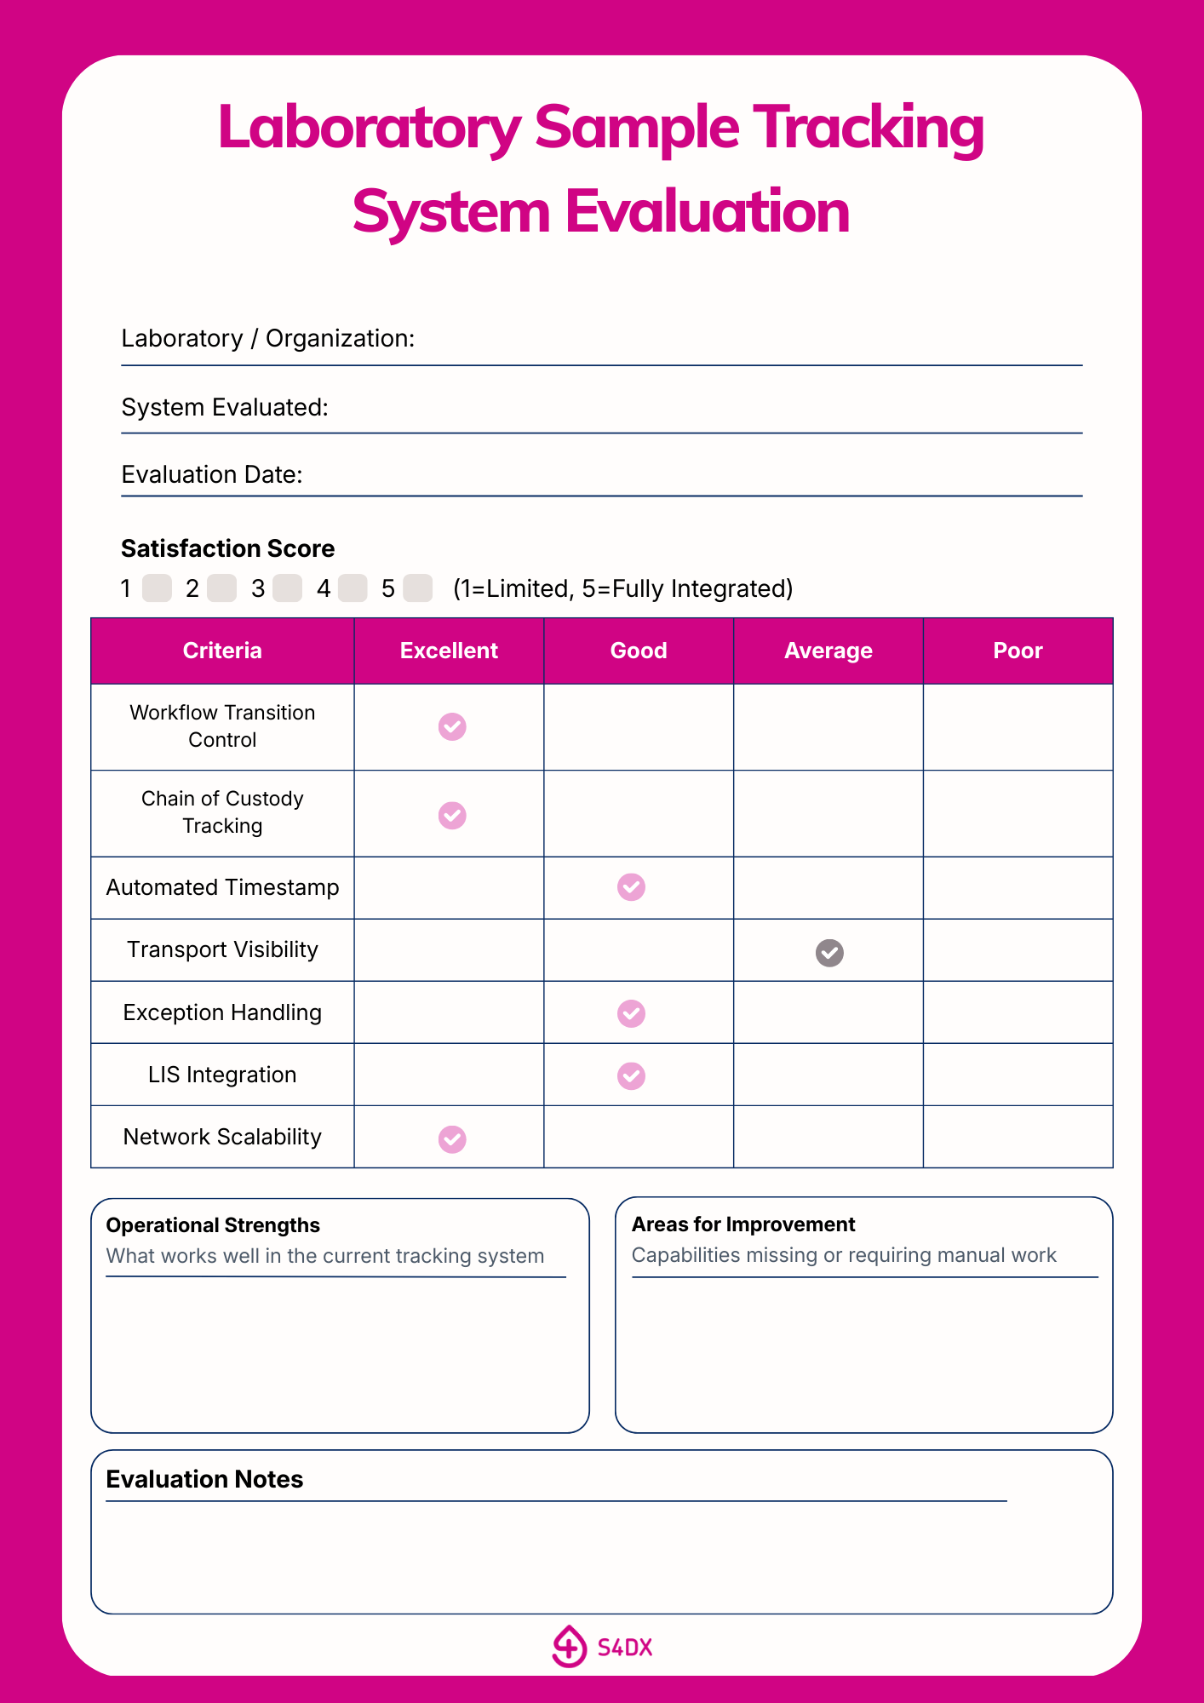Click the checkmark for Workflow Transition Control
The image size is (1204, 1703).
[452, 727]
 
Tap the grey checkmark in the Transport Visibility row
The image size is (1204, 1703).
[829, 953]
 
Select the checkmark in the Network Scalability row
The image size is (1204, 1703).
[452, 1139]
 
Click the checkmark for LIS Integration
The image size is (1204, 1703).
[631, 1076]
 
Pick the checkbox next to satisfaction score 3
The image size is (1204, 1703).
[287, 588]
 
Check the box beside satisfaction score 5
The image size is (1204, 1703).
[417, 588]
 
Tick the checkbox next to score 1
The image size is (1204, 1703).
[157, 588]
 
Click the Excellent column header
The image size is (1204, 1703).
[449, 651]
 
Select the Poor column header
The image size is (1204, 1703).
[1018, 651]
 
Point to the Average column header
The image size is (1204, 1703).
[828, 651]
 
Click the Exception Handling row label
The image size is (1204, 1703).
[222, 1012]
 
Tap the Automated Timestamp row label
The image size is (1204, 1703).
[222, 887]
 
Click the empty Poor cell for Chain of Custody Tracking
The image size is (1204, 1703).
[1018, 813]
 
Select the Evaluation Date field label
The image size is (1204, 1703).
[212, 474]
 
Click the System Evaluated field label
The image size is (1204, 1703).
[225, 407]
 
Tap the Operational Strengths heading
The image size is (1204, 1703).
[213, 1225]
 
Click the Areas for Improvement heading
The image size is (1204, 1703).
[743, 1224]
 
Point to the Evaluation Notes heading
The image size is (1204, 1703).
[204, 1479]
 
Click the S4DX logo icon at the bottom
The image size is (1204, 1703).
[569, 1647]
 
